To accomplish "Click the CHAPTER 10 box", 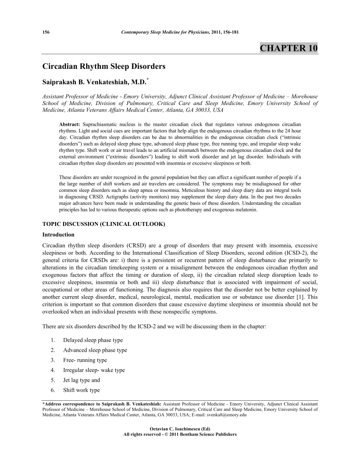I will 289,48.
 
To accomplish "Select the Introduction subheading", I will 58,234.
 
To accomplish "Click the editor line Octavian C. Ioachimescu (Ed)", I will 180,429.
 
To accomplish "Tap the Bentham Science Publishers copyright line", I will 180,434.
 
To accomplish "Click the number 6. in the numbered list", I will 52,390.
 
